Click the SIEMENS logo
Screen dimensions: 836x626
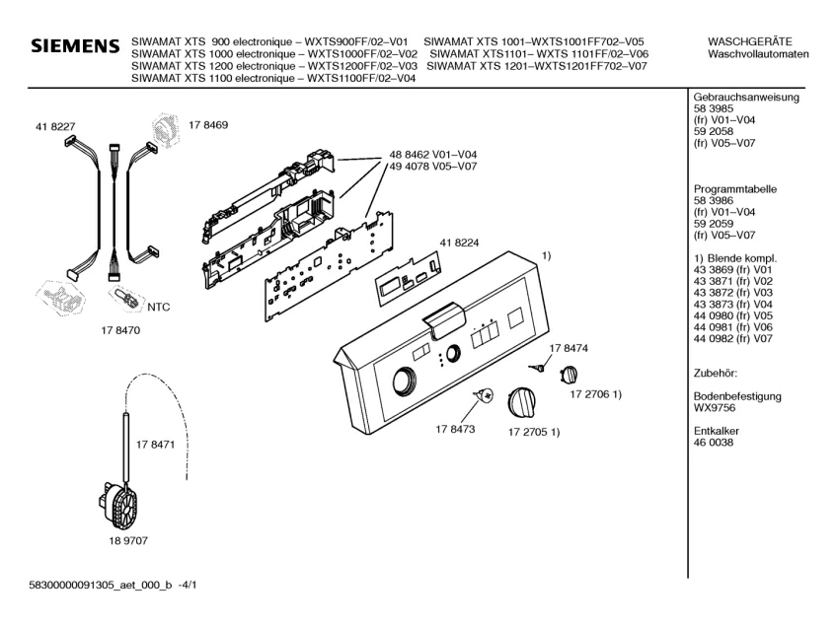coord(75,45)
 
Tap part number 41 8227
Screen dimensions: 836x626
coord(55,127)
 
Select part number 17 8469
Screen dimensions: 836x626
coord(208,125)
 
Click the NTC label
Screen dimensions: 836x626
coord(158,308)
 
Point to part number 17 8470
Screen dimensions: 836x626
coord(120,330)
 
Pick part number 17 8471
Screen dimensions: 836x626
coord(155,445)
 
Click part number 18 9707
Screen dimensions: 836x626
coord(128,541)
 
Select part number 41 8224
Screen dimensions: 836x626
coord(459,243)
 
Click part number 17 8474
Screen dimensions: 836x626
coord(569,348)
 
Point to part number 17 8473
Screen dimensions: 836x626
coord(455,429)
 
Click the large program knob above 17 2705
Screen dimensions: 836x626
coord(522,402)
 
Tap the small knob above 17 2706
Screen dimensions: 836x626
coord(569,375)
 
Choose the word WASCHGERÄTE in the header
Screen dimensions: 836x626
coord(749,41)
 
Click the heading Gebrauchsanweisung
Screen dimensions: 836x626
coord(746,98)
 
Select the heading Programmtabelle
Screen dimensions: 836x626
coord(734,189)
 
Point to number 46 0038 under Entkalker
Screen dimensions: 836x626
coord(713,443)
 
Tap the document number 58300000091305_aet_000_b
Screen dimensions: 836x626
coord(101,585)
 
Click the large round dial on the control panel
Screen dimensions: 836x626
coord(407,383)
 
